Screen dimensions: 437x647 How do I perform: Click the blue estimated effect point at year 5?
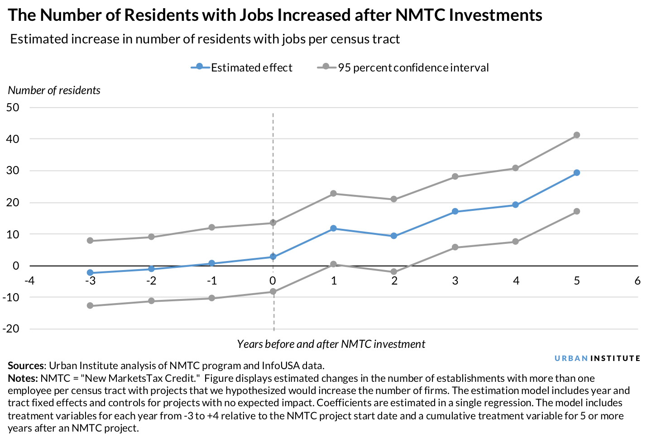576,172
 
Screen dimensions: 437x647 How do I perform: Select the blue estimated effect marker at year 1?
333,228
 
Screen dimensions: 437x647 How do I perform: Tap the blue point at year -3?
90,273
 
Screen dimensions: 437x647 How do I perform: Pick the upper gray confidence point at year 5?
576,135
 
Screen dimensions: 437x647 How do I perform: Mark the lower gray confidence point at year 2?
394,272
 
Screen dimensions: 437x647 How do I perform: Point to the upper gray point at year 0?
273,223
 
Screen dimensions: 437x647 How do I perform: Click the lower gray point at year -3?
90,306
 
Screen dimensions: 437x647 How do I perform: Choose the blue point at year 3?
455,211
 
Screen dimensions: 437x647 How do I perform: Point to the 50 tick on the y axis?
13,108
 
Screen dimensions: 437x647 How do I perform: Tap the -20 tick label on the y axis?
11,329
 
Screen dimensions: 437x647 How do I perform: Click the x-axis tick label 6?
637,281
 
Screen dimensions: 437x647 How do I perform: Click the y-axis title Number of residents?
54,90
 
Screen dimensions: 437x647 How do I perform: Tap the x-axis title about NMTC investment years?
331,344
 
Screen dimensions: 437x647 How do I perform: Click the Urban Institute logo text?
597,358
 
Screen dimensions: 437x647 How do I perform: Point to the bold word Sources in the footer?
26,366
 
